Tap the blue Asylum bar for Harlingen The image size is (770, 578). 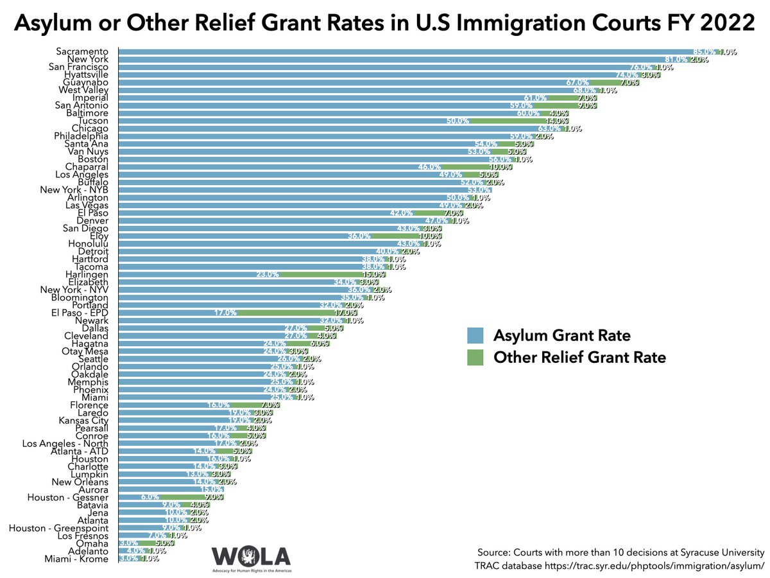[x=193, y=274]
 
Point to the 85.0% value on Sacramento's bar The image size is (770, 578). [x=704, y=51]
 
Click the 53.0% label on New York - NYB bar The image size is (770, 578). [x=479, y=190]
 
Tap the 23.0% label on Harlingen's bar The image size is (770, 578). [x=268, y=274]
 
